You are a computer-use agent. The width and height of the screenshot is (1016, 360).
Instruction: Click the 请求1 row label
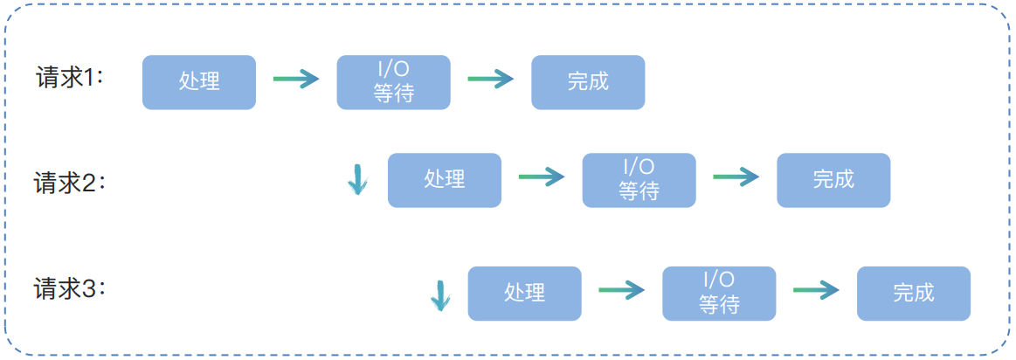pos(69,78)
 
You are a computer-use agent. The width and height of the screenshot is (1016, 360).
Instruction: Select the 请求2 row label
pos(69,183)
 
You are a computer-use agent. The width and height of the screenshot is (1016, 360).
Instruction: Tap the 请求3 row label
pos(69,288)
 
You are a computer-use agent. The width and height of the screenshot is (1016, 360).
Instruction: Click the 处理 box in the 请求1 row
pos(199,82)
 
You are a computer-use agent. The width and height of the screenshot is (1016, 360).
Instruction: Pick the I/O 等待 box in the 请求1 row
pos(394,82)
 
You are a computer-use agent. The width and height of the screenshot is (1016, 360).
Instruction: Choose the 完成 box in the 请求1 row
pos(588,82)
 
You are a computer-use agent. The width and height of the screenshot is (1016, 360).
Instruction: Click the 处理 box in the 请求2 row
pos(445,180)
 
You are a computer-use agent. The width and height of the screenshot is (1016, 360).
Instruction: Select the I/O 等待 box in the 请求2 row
pos(639,180)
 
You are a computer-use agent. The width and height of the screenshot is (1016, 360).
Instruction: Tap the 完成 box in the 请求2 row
pos(833,180)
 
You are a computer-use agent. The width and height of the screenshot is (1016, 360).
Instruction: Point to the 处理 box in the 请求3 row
pos(525,293)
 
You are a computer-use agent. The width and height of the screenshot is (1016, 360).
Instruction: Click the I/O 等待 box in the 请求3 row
pos(719,293)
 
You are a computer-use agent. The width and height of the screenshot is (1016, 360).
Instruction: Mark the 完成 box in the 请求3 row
pos(914,293)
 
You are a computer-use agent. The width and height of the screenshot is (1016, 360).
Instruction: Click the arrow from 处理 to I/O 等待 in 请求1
pos(296,80)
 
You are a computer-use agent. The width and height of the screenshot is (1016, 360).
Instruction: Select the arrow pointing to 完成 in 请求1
pos(491,80)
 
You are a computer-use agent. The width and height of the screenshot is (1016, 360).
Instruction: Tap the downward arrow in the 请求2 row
pos(357,179)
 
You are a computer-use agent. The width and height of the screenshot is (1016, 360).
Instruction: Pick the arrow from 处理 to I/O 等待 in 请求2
pos(542,177)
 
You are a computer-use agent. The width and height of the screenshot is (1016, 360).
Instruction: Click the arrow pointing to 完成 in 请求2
pos(736,177)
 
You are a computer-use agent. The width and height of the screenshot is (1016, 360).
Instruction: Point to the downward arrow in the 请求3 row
pos(439,295)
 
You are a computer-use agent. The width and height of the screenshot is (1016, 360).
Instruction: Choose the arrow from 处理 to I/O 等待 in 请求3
pos(622,290)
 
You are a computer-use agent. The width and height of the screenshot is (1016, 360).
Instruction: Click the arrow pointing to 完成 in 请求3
pos(816,290)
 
